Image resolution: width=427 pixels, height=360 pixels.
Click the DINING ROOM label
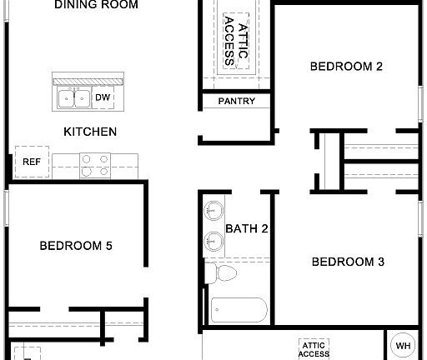point(96,5)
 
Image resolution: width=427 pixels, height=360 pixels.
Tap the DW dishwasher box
point(103,98)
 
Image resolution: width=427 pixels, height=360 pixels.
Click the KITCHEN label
point(90,132)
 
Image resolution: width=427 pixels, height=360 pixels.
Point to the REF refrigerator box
point(32,162)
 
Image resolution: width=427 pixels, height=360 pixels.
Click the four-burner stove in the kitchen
point(95,164)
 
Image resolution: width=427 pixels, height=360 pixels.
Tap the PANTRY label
point(236,102)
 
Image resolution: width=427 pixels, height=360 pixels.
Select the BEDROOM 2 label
point(346,67)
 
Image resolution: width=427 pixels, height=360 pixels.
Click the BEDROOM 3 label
point(348,262)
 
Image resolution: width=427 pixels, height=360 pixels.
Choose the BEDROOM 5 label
point(76,246)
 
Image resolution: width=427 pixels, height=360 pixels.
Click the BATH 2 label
point(246,228)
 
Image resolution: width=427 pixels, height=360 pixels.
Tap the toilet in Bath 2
point(222,272)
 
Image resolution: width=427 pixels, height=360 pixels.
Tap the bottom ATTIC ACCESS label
point(314,348)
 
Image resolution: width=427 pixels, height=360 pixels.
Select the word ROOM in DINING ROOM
point(121,5)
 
